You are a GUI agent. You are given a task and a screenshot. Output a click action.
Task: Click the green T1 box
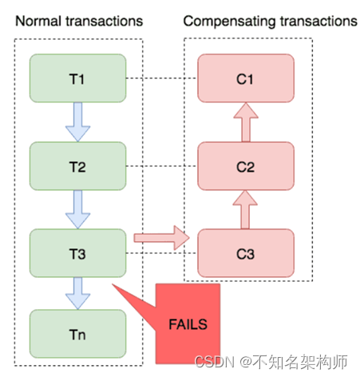[77, 78]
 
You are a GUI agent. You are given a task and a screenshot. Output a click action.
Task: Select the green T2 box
[77, 166]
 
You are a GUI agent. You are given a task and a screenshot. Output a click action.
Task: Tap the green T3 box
[77, 253]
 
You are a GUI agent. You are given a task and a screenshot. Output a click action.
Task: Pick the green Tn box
[77, 335]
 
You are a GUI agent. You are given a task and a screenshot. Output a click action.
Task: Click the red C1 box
[246, 78]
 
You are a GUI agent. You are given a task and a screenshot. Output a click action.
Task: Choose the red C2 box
[246, 166]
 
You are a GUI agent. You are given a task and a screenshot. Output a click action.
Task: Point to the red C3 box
[246, 253]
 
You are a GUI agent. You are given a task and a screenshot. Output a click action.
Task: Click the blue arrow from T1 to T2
[78, 122]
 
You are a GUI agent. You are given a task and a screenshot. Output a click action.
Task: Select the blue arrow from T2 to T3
[78, 209]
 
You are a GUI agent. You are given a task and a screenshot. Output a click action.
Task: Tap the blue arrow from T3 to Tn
[78, 293]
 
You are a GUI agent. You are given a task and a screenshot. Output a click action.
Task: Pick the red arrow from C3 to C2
[246, 209]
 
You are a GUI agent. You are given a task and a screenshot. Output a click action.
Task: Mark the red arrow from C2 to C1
[246, 122]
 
